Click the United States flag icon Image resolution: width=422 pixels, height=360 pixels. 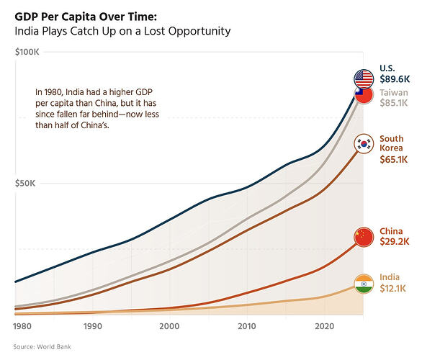[364, 78]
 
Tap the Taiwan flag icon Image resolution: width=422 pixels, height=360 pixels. [364, 95]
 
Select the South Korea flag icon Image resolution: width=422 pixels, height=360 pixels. [364, 144]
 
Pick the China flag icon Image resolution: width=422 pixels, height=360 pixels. [364, 237]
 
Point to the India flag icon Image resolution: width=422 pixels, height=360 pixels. [364, 284]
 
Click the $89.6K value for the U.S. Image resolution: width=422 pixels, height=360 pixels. [395, 79]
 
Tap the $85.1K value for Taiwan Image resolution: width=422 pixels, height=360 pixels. [394, 103]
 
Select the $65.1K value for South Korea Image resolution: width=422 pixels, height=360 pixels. [394, 160]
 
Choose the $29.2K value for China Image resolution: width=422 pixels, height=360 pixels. [395, 241]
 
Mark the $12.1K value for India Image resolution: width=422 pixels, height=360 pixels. [392, 289]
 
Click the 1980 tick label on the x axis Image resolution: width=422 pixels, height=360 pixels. [22, 326]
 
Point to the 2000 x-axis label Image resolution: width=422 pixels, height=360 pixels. [169, 326]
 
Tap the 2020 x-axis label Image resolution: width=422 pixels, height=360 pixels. [324, 326]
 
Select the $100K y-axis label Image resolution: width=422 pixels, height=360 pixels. [27, 52]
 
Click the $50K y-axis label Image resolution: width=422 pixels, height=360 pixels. [25, 184]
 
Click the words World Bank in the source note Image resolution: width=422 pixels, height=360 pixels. [54, 347]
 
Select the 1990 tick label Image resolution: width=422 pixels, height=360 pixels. [93, 326]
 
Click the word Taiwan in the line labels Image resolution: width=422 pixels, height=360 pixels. [394, 93]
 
